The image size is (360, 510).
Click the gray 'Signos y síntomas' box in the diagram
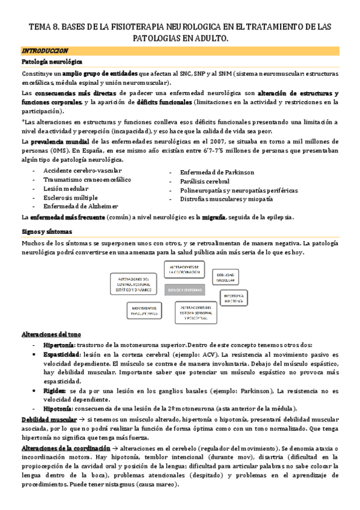click(186, 289)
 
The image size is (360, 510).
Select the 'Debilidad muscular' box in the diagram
click(228, 276)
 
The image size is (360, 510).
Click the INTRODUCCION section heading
click(44, 51)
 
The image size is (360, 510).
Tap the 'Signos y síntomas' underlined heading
click(46, 232)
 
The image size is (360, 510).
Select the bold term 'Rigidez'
click(54, 391)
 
